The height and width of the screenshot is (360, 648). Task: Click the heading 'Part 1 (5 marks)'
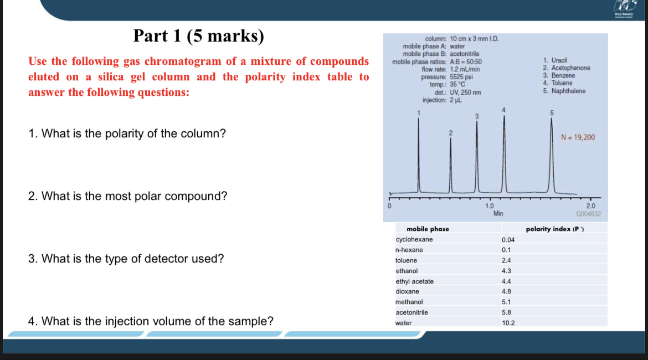(x=199, y=36)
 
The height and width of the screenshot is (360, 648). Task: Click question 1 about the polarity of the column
(x=127, y=133)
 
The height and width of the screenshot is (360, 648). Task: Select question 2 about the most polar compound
(x=127, y=196)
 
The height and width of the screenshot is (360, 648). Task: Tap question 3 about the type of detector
(x=126, y=259)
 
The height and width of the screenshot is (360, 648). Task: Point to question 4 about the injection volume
(x=150, y=321)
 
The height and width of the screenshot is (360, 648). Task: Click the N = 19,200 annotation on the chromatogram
(x=578, y=137)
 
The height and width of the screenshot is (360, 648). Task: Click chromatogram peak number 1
(x=419, y=155)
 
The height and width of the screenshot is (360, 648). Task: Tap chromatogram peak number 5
(x=552, y=155)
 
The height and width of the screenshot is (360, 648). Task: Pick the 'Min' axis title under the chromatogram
(x=498, y=213)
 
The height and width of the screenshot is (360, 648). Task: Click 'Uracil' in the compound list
(x=556, y=60)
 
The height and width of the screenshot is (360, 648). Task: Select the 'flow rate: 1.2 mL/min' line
(x=451, y=69)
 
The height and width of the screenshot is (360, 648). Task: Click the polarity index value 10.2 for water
(x=508, y=323)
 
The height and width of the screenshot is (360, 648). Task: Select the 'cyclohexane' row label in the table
(x=414, y=239)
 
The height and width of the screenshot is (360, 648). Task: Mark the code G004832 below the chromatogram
(x=588, y=213)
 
